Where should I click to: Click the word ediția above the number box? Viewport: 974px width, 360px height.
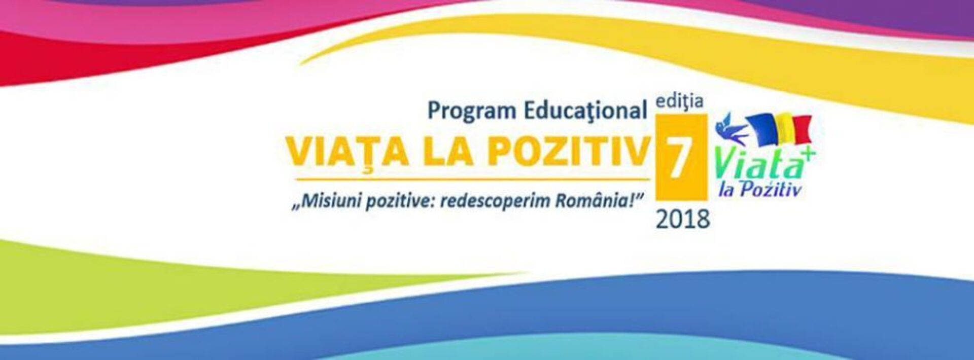point(679,101)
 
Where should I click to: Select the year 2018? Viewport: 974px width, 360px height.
point(683,219)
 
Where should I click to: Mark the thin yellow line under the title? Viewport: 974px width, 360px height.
point(473,179)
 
